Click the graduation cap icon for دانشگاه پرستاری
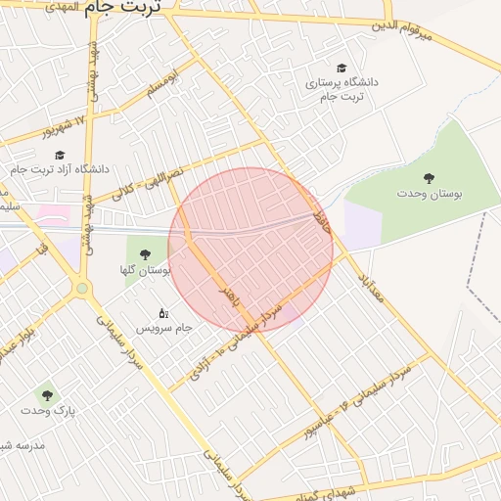341,68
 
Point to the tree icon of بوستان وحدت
429,177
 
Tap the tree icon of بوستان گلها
146,254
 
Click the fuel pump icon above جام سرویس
162,312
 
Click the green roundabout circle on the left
82,288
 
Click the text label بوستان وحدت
428,194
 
